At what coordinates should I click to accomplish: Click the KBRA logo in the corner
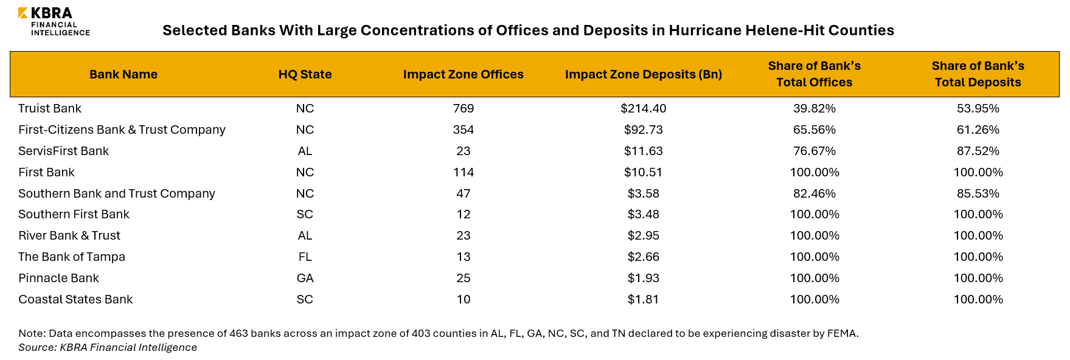point(54,21)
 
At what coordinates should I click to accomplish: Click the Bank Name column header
point(123,74)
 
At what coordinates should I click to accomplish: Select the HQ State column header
point(305,74)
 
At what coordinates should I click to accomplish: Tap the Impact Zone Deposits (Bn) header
point(643,74)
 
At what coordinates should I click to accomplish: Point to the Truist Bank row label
point(50,108)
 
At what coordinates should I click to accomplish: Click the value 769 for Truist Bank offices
point(463,108)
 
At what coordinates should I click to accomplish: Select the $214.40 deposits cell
point(643,108)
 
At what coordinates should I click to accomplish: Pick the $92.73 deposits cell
point(643,130)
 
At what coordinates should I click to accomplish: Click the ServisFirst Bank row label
point(64,151)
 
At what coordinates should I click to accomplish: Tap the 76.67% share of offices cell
point(814,151)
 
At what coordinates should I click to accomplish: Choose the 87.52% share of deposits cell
point(978,151)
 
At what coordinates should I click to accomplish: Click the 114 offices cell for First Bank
point(463,172)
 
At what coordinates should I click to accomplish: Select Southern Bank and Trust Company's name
point(117,193)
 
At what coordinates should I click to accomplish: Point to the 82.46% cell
point(814,193)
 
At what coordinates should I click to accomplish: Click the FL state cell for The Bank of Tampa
point(305,257)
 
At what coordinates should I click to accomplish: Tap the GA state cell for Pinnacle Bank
point(305,278)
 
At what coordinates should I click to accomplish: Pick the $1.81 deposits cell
point(643,299)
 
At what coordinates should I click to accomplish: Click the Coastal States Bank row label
point(75,299)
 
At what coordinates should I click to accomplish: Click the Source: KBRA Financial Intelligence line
point(108,347)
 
